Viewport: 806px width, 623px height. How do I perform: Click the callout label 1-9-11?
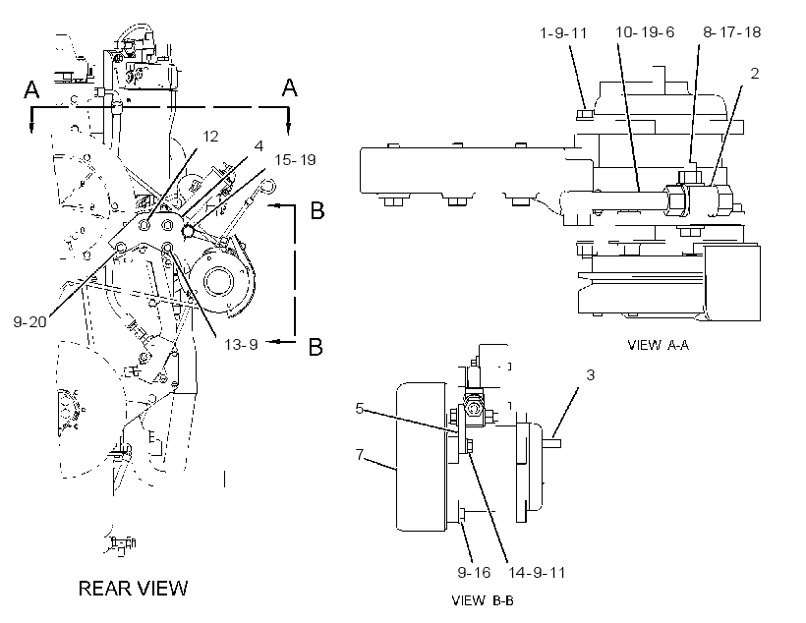[563, 33]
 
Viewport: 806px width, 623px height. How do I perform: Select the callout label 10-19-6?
[645, 32]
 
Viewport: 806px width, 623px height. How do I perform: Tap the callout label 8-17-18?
[731, 32]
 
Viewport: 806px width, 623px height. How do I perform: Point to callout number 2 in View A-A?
[755, 74]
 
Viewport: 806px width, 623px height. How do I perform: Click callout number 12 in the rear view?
[210, 137]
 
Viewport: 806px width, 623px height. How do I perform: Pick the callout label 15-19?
[295, 160]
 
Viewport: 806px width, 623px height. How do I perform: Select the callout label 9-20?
[29, 322]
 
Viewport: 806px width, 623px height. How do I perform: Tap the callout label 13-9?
[241, 344]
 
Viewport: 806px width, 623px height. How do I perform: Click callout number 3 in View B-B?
[591, 375]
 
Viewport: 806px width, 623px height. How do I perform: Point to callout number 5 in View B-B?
[360, 409]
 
